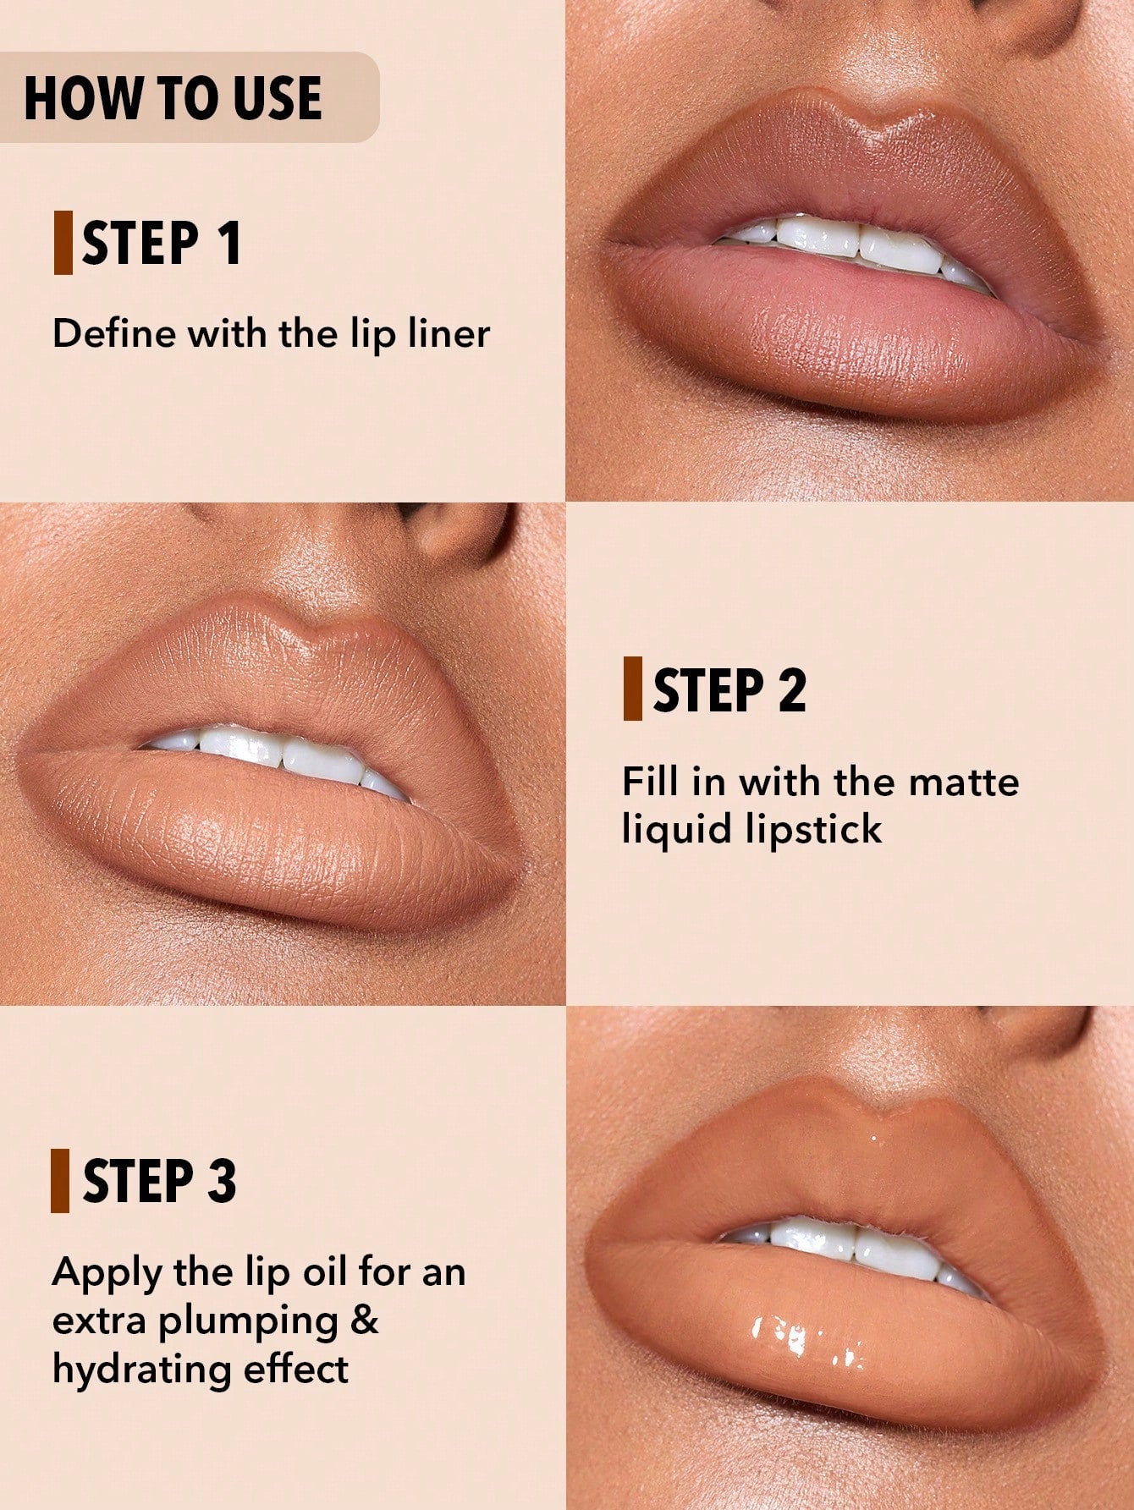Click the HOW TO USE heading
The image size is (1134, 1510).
[173, 97]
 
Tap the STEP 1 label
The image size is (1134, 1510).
[161, 244]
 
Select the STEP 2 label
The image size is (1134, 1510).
[729, 690]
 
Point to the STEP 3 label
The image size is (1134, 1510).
[159, 1181]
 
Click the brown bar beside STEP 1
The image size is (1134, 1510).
[63, 244]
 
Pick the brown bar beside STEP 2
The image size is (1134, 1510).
[632, 689]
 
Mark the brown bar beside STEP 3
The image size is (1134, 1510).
[60, 1181]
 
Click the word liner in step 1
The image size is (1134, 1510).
[449, 333]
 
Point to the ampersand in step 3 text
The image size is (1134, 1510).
[365, 1320]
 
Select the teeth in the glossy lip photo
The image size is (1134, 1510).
[855, 1245]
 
